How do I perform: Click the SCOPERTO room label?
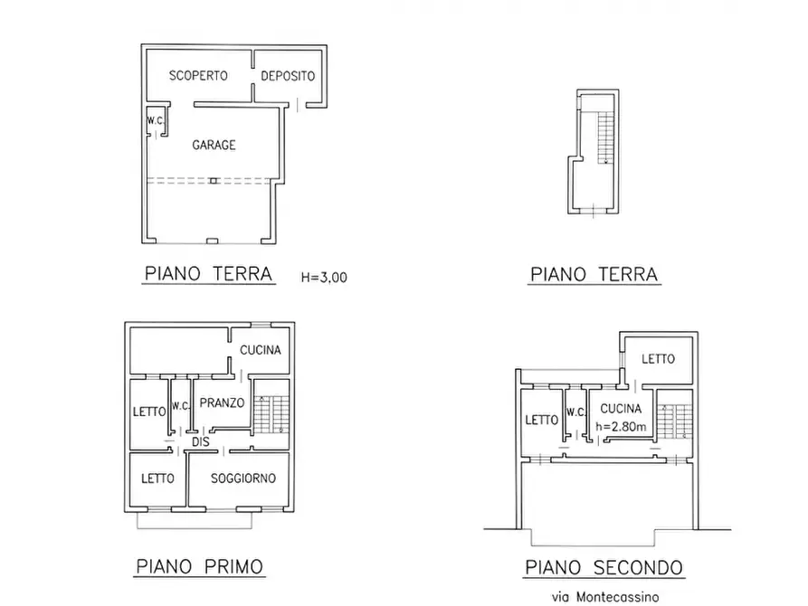coord(198,76)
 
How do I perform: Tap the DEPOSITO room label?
coord(288,76)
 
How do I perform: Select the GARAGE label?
coord(214,145)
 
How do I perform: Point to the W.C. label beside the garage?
coord(154,120)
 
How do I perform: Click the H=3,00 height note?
coord(324,278)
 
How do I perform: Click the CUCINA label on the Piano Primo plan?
coord(261,350)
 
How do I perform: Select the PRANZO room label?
coord(222,403)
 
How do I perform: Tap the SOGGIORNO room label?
coord(242,478)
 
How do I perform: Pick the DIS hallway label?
coord(201,442)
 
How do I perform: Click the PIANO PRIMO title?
coord(200,567)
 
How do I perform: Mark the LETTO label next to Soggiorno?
coord(157,478)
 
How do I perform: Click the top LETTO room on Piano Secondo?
coord(658,359)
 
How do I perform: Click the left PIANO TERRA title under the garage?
coord(208,273)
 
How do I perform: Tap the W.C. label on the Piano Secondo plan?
coord(575,412)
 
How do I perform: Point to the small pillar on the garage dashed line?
coord(212,181)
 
